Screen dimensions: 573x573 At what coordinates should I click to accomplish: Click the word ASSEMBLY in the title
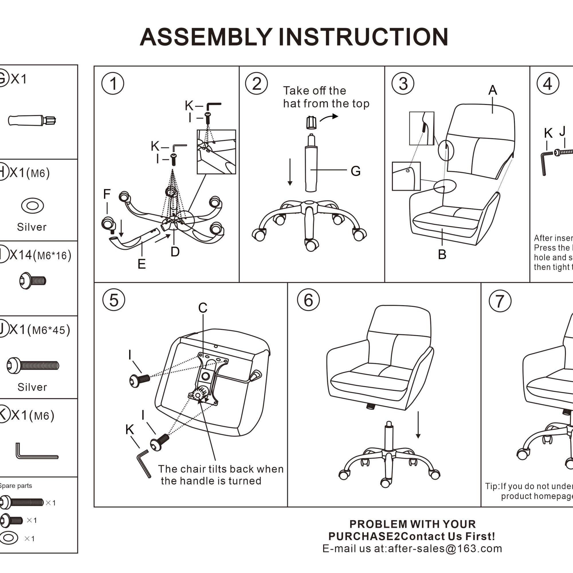[205, 37]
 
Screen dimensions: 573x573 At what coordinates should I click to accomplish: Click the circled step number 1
[113, 84]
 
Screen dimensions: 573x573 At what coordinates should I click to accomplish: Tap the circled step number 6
[308, 300]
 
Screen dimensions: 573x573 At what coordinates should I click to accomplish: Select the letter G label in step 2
[355, 171]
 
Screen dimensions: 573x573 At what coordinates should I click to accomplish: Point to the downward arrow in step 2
[290, 172]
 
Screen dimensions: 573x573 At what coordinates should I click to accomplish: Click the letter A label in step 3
[492, 90]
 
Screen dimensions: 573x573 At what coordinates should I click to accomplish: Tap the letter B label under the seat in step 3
[442, 254]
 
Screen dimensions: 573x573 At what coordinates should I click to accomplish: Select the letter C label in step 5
[203, 308]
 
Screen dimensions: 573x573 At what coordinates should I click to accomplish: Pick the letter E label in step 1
[142, 264]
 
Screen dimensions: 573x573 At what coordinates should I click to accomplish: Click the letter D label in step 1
[175, 252]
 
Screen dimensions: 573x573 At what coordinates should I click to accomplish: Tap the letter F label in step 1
[107, 194]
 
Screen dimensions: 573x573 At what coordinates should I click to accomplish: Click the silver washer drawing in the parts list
[33, 205]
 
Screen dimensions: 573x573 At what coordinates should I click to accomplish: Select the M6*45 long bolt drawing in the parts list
[33, 365]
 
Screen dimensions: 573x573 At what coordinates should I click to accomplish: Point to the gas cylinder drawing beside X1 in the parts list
[32, 120]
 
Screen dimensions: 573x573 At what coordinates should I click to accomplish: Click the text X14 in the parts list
[21, 255]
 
